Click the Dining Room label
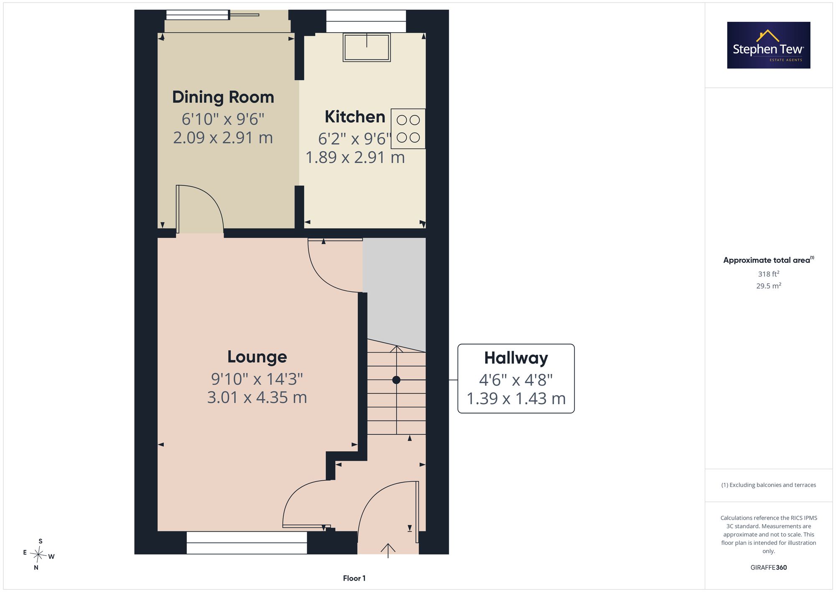223,97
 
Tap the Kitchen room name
355,117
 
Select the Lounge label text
257,357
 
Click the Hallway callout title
516,358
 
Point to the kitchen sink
367,47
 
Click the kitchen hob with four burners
408,129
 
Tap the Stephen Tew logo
769,45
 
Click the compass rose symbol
38,555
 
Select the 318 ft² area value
769,274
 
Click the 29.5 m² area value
769,286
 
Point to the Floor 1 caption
354,578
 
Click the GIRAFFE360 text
769,567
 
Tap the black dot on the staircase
396,380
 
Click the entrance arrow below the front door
388,551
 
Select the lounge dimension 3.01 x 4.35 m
257,397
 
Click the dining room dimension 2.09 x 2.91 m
223,138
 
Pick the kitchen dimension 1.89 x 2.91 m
355,157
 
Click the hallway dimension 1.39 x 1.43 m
516,399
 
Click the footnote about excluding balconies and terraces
769,485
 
